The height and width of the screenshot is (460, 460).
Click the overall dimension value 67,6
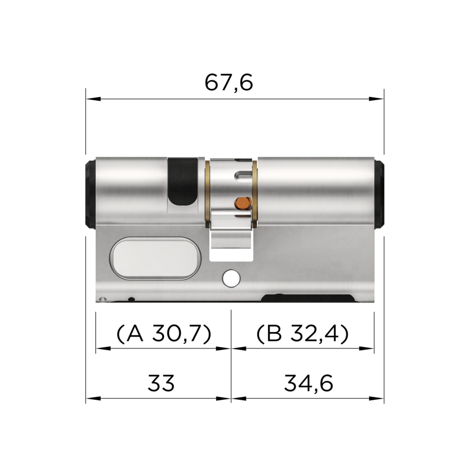pyautogui.click(x=229, y=83)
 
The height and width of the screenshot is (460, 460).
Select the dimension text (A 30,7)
pyautogui.click(x=163, y=334)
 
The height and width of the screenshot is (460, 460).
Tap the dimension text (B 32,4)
pyautogui.click(x=302, y=334)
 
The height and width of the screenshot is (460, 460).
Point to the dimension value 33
pyautogui.click(x=161, y=383)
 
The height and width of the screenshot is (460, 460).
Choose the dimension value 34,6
pyautogui.click(x=308, y=383)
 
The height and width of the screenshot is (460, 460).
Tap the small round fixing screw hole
pyautogui.click(x=231, y=278)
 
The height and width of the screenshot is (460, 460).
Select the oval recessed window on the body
pyautogui.click(x=155, y=258)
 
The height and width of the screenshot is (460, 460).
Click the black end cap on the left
pyautogui.click(x=90, y=194)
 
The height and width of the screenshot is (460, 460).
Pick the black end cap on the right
pyautogui.click(x=379, y=194)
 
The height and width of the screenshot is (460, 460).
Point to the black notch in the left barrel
pyautogui.click(x=182, y=181)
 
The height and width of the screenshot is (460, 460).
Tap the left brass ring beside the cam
pyautogui.click(x=207, y=193)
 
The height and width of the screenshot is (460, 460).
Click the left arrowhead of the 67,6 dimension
pyautogui.click(x=93, y=99)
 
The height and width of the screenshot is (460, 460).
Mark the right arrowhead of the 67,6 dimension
pyautogui.click(x=377, y=99)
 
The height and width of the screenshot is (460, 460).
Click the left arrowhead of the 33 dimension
pyautogui.click(x=93, y=398)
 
